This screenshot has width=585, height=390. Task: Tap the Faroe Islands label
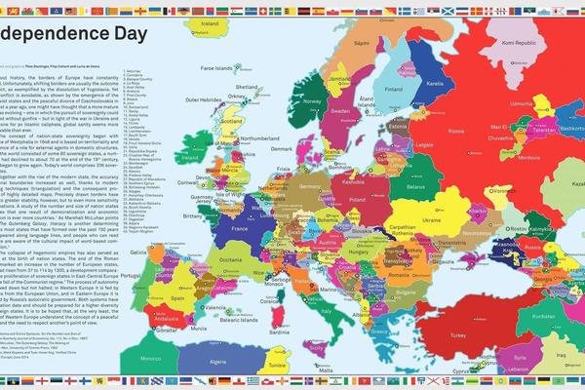[222, 68]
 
